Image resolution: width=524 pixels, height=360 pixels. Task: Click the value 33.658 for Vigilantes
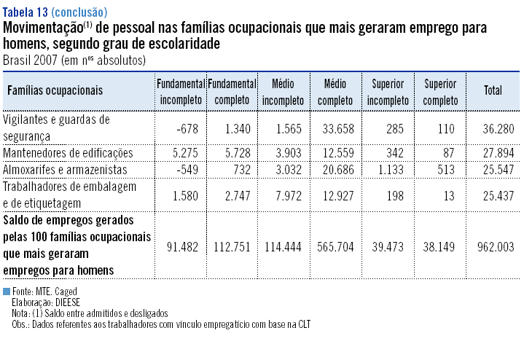click(337, 129)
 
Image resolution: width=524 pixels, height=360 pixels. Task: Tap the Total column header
click(493, 90)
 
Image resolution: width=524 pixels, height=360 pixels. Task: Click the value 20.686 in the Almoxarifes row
click(337, 169)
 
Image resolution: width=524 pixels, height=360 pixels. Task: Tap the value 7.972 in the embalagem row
click(287, 193)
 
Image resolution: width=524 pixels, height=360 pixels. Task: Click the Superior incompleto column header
click(388, 90)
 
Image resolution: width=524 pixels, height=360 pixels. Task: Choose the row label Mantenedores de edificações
click(69, 153)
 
